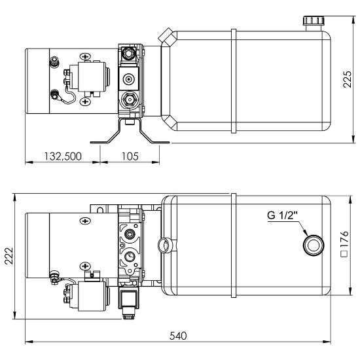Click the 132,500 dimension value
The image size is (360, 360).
[63, 156]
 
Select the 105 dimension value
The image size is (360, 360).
[130, 156]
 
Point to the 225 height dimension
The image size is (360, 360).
[347, 79]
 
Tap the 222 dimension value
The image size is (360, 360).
[9, 256]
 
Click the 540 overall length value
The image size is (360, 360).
[178, 336]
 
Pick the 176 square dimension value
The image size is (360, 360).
[344, 239]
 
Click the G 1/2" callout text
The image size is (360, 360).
[282, 215]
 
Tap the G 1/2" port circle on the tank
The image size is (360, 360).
[314, 245]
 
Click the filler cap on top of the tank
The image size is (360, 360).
[314, 21]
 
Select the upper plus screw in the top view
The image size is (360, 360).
[85, 56]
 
